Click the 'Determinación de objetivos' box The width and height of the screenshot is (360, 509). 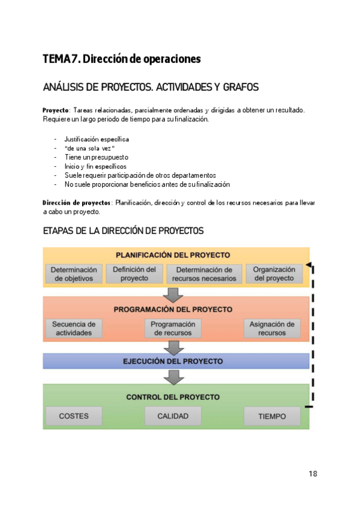[74, 274]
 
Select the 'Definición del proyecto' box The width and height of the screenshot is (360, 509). [134, 274]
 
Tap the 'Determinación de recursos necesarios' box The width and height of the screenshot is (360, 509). [204, 274]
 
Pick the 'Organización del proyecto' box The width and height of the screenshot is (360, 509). [274, 274]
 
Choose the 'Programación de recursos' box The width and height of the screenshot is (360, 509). [173, 328]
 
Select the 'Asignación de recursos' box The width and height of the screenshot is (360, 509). [272, 328]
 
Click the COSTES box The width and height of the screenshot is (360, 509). [74, 416]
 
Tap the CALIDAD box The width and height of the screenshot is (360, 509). [173, 416]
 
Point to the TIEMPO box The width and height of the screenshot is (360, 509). [272, 416]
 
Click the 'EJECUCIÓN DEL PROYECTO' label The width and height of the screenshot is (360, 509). [173, 361]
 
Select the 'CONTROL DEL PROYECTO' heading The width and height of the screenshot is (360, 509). [173, 397]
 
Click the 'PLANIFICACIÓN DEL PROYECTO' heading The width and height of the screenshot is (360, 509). [173, 254]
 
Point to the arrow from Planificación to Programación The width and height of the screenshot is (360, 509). [173, 295]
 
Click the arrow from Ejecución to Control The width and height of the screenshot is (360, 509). [173, 377]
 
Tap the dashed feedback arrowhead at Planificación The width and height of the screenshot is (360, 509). [308, 265]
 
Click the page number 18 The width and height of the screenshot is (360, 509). [313, 474]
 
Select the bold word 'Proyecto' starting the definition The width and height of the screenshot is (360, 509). [55, 110]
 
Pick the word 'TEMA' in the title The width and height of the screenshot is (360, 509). [56, 59]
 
